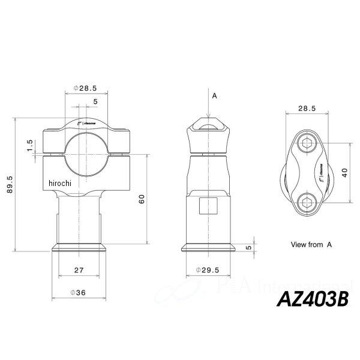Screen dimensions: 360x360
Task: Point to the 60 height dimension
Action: click(142, 200)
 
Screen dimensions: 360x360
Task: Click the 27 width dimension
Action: click(79, 271)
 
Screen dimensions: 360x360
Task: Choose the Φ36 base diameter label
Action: click(79, 292)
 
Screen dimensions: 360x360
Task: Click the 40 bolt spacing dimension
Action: click(344, 171)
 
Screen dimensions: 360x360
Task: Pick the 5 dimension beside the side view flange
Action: click(248, 247)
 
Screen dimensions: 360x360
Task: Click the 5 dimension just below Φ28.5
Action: click(96, 102)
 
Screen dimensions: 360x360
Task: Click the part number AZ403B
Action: click(311, 299)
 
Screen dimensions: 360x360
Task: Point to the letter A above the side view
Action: click(214, 95)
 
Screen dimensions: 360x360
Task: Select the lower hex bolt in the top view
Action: click(307, 200)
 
